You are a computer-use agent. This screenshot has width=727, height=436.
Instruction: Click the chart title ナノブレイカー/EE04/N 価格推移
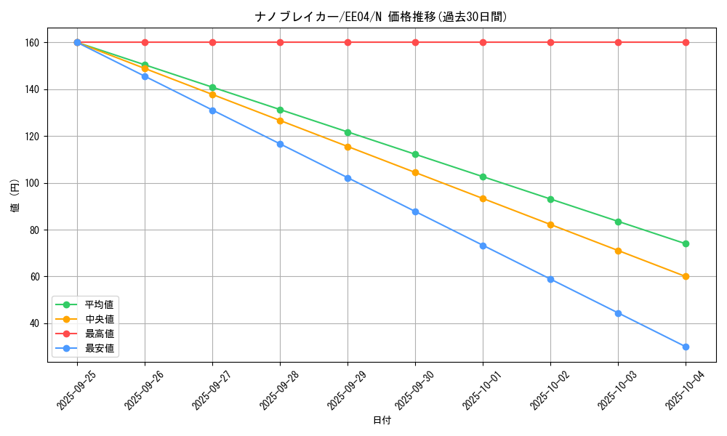tap(381, 17)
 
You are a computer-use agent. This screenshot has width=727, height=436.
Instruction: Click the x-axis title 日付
tap(382, 421)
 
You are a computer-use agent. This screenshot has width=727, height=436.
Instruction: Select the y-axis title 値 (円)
tap(15, 198)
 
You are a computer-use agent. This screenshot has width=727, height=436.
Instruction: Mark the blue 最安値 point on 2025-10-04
tap(686, 347)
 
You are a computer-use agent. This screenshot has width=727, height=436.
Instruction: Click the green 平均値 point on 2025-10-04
tap(686, 243)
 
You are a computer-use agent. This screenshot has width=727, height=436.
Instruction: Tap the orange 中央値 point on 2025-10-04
tap(686, 276)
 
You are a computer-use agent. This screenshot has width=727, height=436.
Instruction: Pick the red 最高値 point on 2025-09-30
tap(415, 42)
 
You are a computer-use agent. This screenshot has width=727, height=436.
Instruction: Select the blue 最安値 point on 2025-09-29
tap(348, 178)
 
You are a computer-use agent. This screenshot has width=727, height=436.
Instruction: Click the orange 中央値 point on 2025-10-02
tap(550, 225)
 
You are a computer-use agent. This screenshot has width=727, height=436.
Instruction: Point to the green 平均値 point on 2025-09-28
tap(280, 110)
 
